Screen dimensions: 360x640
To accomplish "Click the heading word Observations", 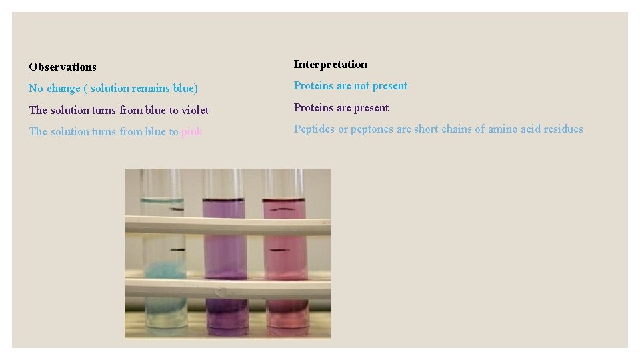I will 63,67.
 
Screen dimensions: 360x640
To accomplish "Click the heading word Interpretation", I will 330,65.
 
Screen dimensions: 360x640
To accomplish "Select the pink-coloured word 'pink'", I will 191,132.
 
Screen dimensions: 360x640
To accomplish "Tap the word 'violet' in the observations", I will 195,111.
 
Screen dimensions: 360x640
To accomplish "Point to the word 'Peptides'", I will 314,129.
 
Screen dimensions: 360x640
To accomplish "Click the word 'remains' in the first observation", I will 143,89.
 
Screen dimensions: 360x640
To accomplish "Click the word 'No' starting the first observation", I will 36,89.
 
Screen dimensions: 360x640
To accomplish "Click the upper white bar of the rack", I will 227,225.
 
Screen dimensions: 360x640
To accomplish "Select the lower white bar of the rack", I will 227,289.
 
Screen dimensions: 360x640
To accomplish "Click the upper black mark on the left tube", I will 177,209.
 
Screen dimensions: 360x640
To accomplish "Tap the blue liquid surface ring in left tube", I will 161,200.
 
